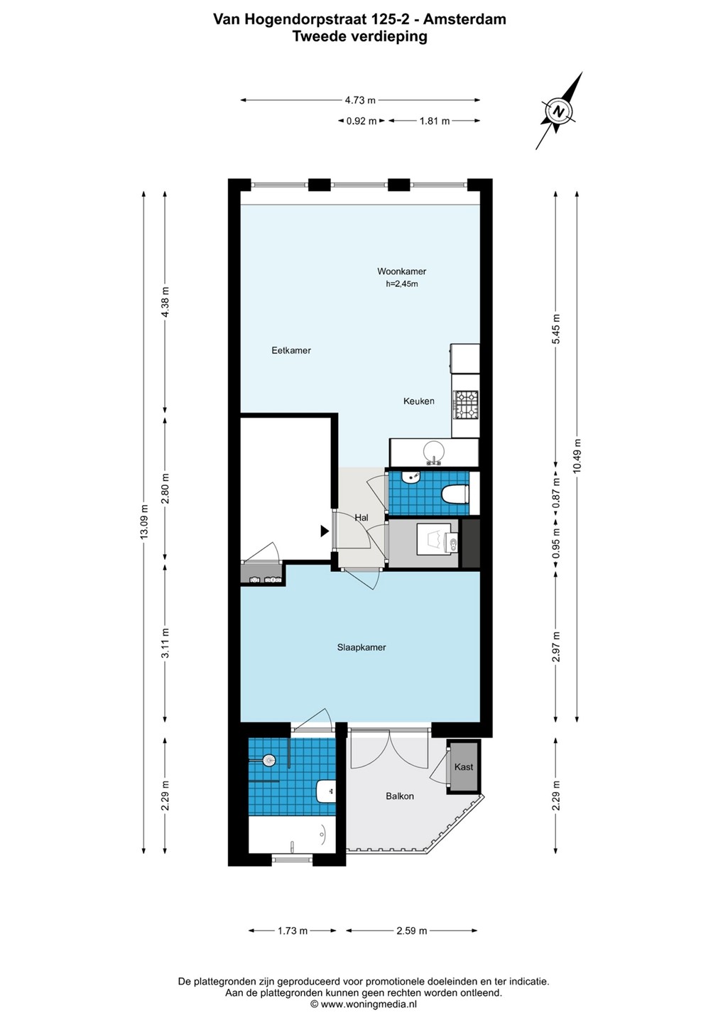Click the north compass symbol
[x=558, y=111]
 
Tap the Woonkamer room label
[x=401, y=271]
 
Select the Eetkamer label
[x=290, y=350]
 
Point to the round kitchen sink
[x=433, y=452]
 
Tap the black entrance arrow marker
[x=325, y=531]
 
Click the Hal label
[x=361, y=518]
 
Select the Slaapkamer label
[x=361, y=647]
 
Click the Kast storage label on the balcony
[x=463, y=767]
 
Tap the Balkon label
[x=400, y=796]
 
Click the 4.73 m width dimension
[x=360, y=100]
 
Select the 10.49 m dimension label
[x=577, y=456]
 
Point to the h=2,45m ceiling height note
[x=402, y=284]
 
